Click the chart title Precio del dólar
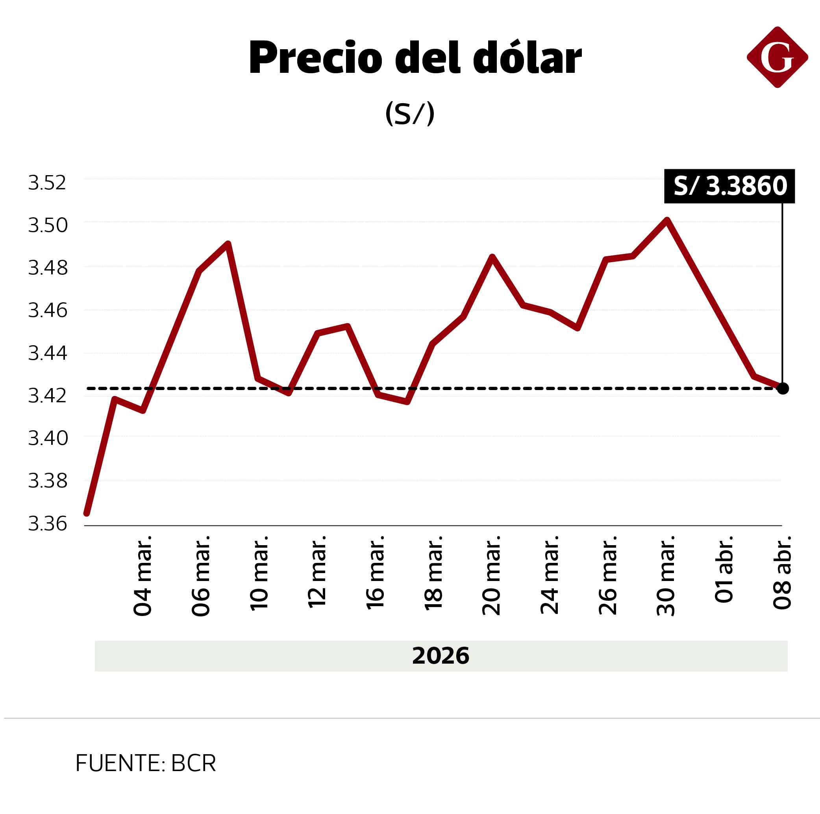tap(415, 58)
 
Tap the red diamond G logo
tap(777, 57)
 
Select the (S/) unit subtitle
tap(409, 113)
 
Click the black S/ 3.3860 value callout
tap(729, 186)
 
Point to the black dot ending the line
tap(783, 388)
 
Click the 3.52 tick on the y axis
tap(47, 183)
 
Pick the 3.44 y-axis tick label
tap(48, 353)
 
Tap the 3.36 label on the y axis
tap(48, 524)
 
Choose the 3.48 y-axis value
tap(48, 268)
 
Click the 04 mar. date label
tap(143, 575)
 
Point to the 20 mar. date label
tap(492, 575)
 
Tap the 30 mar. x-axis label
tap(666, 575)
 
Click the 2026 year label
tap(441, 656)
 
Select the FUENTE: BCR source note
tap(146, 763)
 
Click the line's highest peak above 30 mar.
tap(667, 220)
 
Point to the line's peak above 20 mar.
tap(492, 257)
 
